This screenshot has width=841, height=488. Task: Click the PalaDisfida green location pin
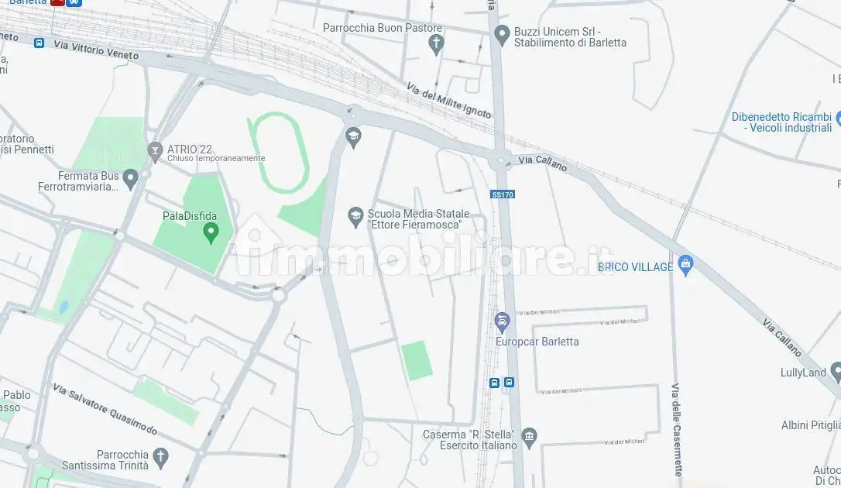click(210, 232)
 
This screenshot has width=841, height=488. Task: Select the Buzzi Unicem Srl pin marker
click(502, 35)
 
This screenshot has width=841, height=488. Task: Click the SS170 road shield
click(503, 194)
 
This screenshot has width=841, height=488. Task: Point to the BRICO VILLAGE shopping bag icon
click(685, 266)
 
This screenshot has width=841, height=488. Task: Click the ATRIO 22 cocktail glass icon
click(154, 149)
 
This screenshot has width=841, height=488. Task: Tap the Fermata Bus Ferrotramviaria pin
click(130, 180)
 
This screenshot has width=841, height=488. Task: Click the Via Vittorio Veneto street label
click(96, 50)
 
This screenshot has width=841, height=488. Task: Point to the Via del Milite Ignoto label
click(448, 101)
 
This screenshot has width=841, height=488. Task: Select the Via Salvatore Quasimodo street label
click(105, 409)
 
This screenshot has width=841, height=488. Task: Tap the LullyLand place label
click(804, 373)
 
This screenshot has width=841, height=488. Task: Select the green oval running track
click(278, 152)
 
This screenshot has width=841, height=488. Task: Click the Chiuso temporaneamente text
click(216, 159)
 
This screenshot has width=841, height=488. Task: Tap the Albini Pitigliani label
click(811, 425)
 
